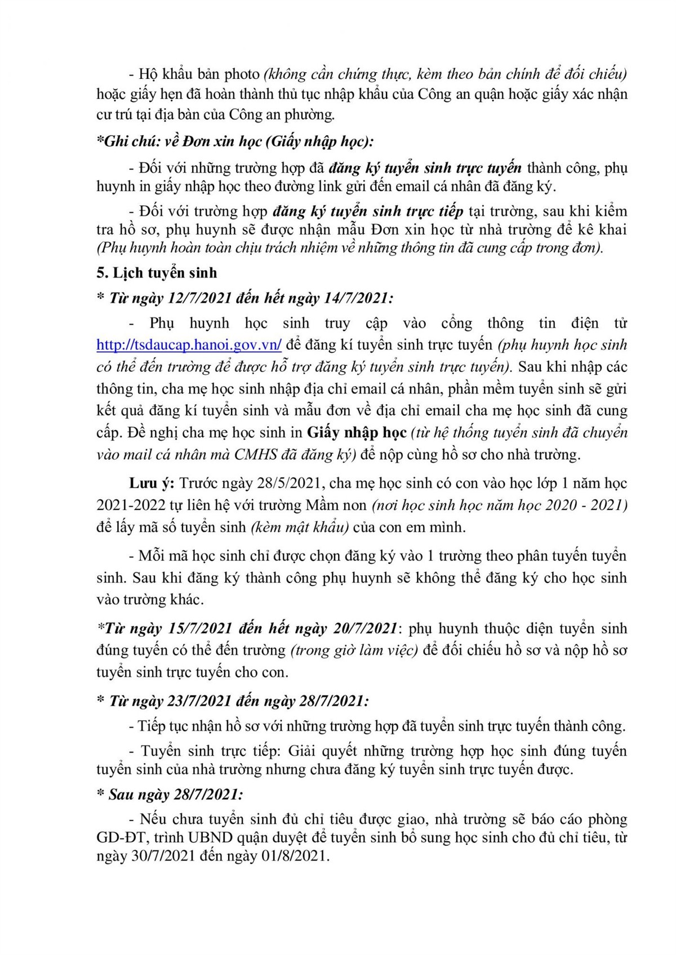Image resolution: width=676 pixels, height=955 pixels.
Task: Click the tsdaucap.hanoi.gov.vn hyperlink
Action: click(x=189, y=345)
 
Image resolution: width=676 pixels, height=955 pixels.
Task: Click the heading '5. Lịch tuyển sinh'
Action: click(x=157, y=273)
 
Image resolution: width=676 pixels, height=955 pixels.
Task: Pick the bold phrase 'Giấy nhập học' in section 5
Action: click(x=357, y=433)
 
